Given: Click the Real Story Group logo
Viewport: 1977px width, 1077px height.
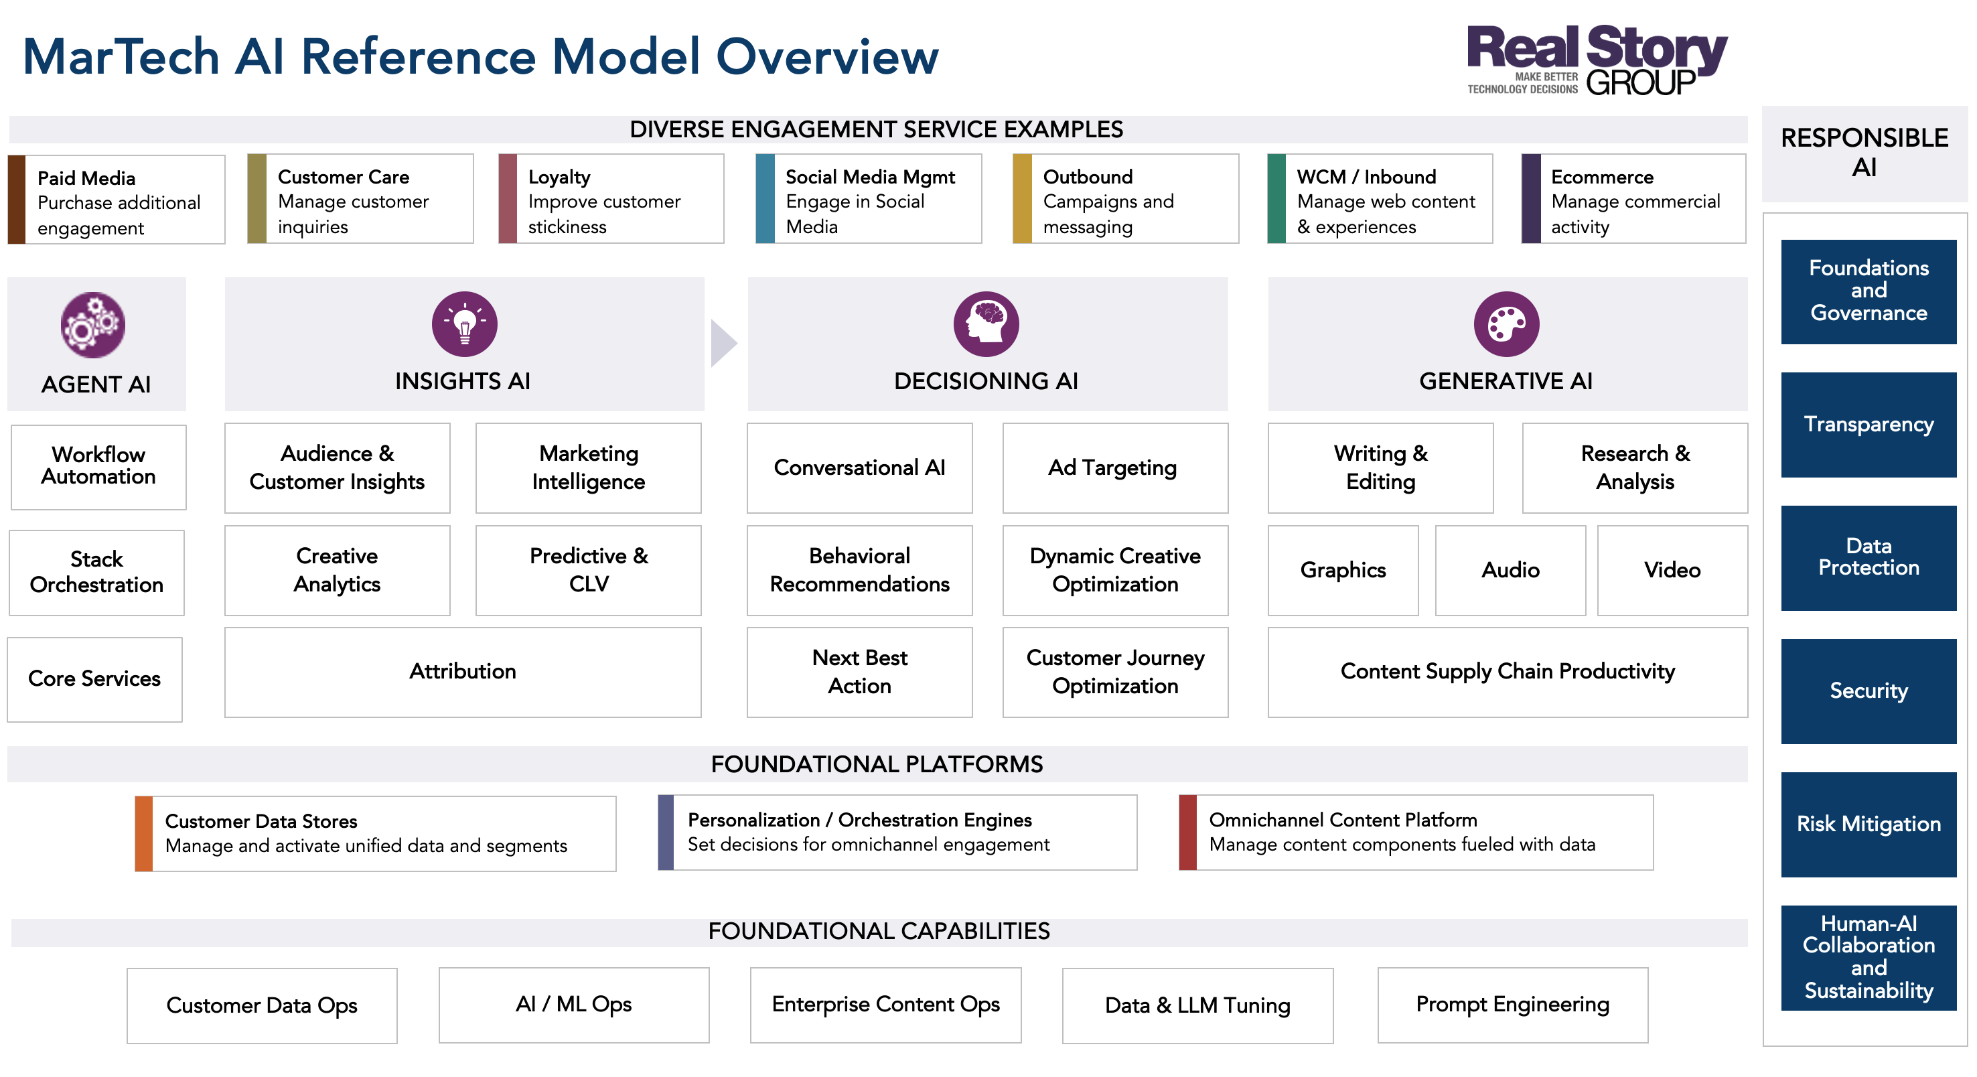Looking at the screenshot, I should (1597, 60).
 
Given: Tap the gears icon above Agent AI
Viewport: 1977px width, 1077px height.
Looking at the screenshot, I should (93, 325).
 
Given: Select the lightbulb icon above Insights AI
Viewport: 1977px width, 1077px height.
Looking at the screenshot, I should (464, 324).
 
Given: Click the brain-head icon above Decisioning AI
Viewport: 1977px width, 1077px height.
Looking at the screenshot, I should (986, 324).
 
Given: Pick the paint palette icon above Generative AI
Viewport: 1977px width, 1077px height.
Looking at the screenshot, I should (1506, 324).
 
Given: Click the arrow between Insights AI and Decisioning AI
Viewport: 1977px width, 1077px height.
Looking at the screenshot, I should (723, 343).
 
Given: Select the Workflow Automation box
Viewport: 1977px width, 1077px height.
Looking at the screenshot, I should (98, 467).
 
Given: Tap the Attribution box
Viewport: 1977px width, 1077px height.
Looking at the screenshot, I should (462, 672).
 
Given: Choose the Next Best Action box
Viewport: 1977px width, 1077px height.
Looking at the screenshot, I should (859, 672).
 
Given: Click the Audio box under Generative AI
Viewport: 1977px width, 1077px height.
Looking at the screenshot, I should (1510, 569).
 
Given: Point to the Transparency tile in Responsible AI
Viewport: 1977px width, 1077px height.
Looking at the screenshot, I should (1868, 425).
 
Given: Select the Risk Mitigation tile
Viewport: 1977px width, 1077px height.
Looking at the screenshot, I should (1868, 824).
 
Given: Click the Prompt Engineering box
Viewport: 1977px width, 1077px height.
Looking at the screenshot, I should (1512, 1004).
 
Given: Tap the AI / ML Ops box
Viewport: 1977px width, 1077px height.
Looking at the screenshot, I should (573, 1004).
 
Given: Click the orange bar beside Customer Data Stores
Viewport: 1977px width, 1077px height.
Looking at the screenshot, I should (143, 833).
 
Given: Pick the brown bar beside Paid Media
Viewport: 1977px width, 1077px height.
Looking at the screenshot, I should (17, 200).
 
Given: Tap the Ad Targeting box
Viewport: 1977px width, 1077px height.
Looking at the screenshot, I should (1114, 468).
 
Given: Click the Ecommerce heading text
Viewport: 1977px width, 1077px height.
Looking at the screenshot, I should (1602, 177).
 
